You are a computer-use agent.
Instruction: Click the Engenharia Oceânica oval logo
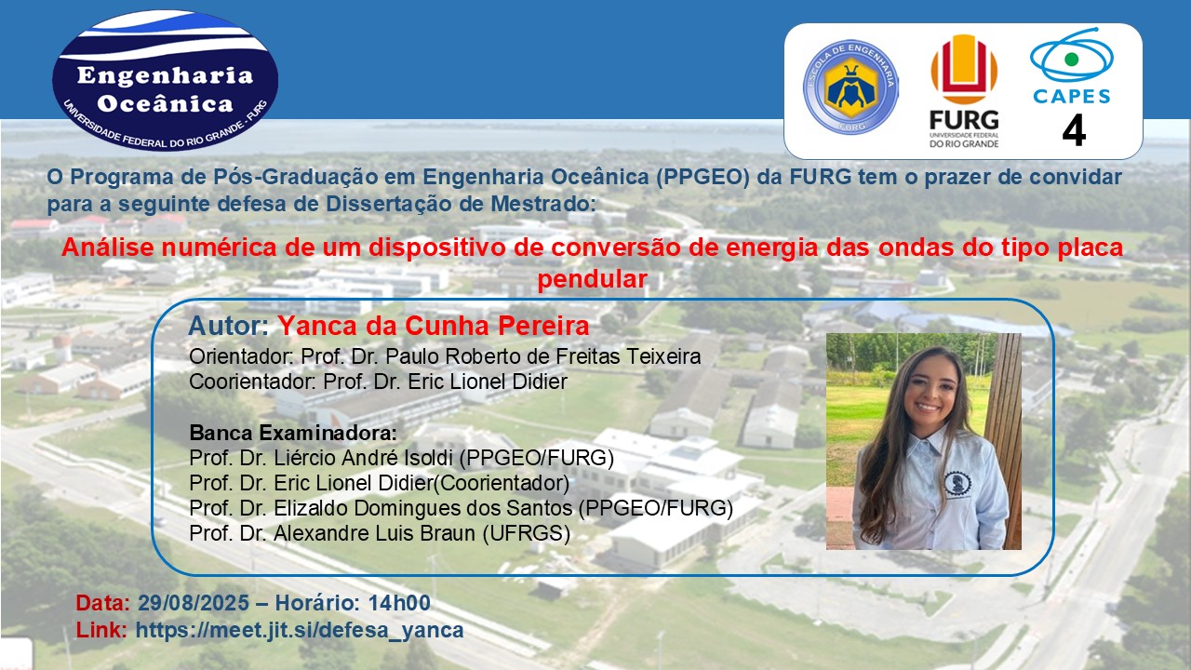pyautogui.click(x=165, y=80)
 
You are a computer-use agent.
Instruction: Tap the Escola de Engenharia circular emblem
pyautogui.click(x=850, y=87)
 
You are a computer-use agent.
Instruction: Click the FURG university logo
pyautogui.click(x=964, y=91)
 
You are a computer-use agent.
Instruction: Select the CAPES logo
pyautogui.click(x=1072, y=66)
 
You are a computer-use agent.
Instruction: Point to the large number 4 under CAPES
pyautogui.click(x=1074, y=131)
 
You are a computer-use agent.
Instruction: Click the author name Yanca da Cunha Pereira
pyautogui.click(x=434, y=326)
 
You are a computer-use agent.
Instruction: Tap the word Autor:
pyautogui.click(x=229, y=326)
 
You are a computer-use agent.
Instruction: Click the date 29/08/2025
pyautogui.click(x=194, y=603)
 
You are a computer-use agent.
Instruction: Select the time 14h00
pyautogui.click(x=399, y=603)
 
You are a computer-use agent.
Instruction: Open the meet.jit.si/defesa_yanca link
pyautogui.click(x=300, y=630)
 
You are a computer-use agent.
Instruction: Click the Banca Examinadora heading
pyautogui.click(x=293, y=433)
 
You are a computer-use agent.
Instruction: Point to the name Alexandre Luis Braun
pyautogui.click(x=374, y=533)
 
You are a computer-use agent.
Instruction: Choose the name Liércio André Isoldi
pyautogui.click(x=363, y=458)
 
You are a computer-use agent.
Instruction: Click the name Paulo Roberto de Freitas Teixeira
pyautogui.click(x=542, y=356)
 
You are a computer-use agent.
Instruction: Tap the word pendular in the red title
pyautogui.click(x=592, y=279)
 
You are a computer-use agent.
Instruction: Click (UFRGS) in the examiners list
pyautogui.click(x=527, y=533)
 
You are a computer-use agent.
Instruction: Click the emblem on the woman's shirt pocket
pyautogui.click(x=957, y=484)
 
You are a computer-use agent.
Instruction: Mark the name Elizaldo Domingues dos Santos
pyautogui.click(x=422, y=508)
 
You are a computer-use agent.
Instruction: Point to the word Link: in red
pyautogui.click(x=101, y=630)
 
